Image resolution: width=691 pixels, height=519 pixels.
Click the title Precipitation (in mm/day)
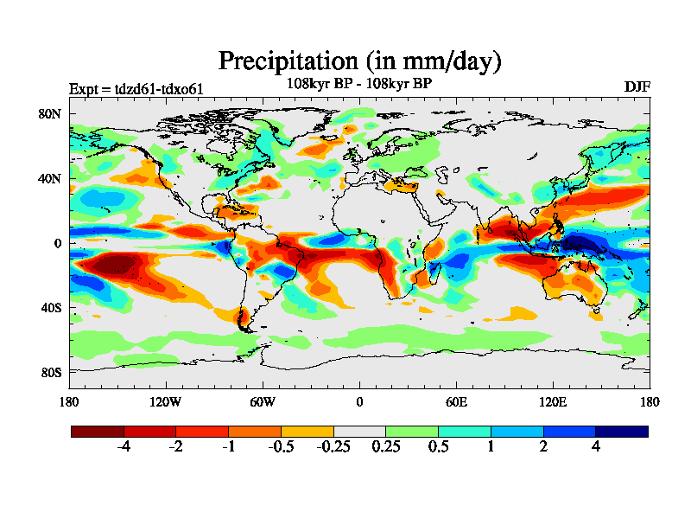click(359, 61)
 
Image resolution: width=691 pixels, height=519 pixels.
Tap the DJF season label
click(637, 86)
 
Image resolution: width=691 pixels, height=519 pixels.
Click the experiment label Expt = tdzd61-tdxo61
click(136, 88)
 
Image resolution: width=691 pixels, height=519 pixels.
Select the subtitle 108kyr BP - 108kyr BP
click(359, 84)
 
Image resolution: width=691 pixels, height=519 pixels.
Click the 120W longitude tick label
click(166, 401)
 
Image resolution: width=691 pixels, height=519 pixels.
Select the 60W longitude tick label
click(263, 401)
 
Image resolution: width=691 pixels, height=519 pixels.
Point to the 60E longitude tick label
click(456, 401)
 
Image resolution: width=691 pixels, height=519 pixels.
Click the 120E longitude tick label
click(553, 401)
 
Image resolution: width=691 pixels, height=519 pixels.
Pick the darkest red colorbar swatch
click(98, 431)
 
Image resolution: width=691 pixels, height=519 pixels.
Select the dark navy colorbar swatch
click(621, 431)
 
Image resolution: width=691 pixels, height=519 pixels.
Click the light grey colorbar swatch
click(359, 431)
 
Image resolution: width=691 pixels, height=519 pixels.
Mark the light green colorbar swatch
click(412, 431)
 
